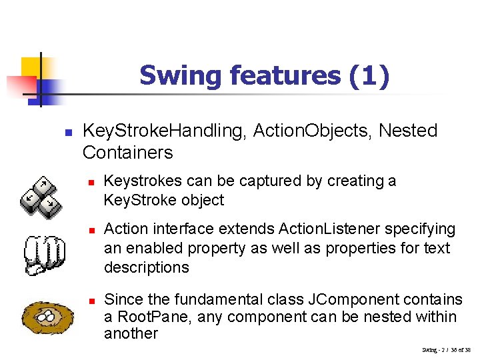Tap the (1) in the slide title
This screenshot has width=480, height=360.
coord(369,76)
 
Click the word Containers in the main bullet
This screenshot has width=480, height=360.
coord(127,153)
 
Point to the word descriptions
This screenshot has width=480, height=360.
coord(146,268)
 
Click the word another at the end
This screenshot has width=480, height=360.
coord(131,334)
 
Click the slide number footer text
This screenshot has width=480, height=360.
coord(446,350)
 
